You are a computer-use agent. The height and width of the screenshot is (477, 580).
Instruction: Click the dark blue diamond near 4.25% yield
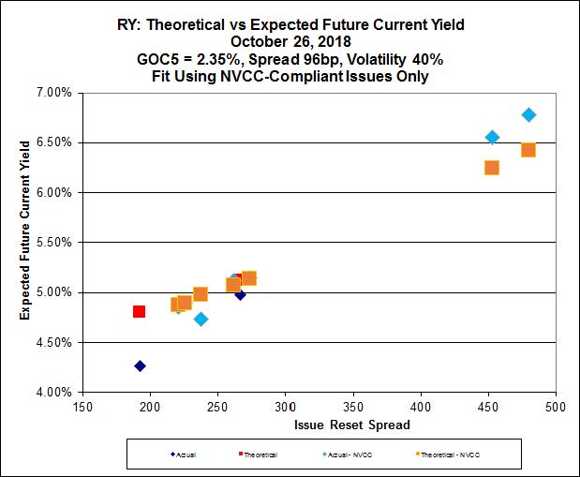coord(140,365)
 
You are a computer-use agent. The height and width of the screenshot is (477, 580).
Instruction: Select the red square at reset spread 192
coord(139,311)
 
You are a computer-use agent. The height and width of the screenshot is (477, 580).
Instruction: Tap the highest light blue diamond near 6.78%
coord(528,114)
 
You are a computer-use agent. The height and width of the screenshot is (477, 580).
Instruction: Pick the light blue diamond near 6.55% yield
coord(492,137)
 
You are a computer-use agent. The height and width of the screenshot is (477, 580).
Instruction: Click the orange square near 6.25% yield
coord(491,168)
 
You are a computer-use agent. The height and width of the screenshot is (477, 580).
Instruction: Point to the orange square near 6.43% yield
coord(528,150)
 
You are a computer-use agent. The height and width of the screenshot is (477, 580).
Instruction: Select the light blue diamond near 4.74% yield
coord(201,319)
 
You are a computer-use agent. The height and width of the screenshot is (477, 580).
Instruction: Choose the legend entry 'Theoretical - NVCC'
coord(458,455)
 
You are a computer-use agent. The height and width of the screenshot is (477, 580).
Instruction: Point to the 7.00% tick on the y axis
coord(54,93)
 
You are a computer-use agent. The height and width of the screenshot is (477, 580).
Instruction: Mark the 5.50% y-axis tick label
coord(54,242)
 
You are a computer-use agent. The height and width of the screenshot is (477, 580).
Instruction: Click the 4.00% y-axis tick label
coord(54,392)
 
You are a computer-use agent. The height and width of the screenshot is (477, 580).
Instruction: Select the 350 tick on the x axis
coord(353,408)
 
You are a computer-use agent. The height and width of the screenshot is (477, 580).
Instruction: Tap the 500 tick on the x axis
coord(556,408)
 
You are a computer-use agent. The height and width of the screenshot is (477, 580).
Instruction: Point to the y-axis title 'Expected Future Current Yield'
coord(25,242)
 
